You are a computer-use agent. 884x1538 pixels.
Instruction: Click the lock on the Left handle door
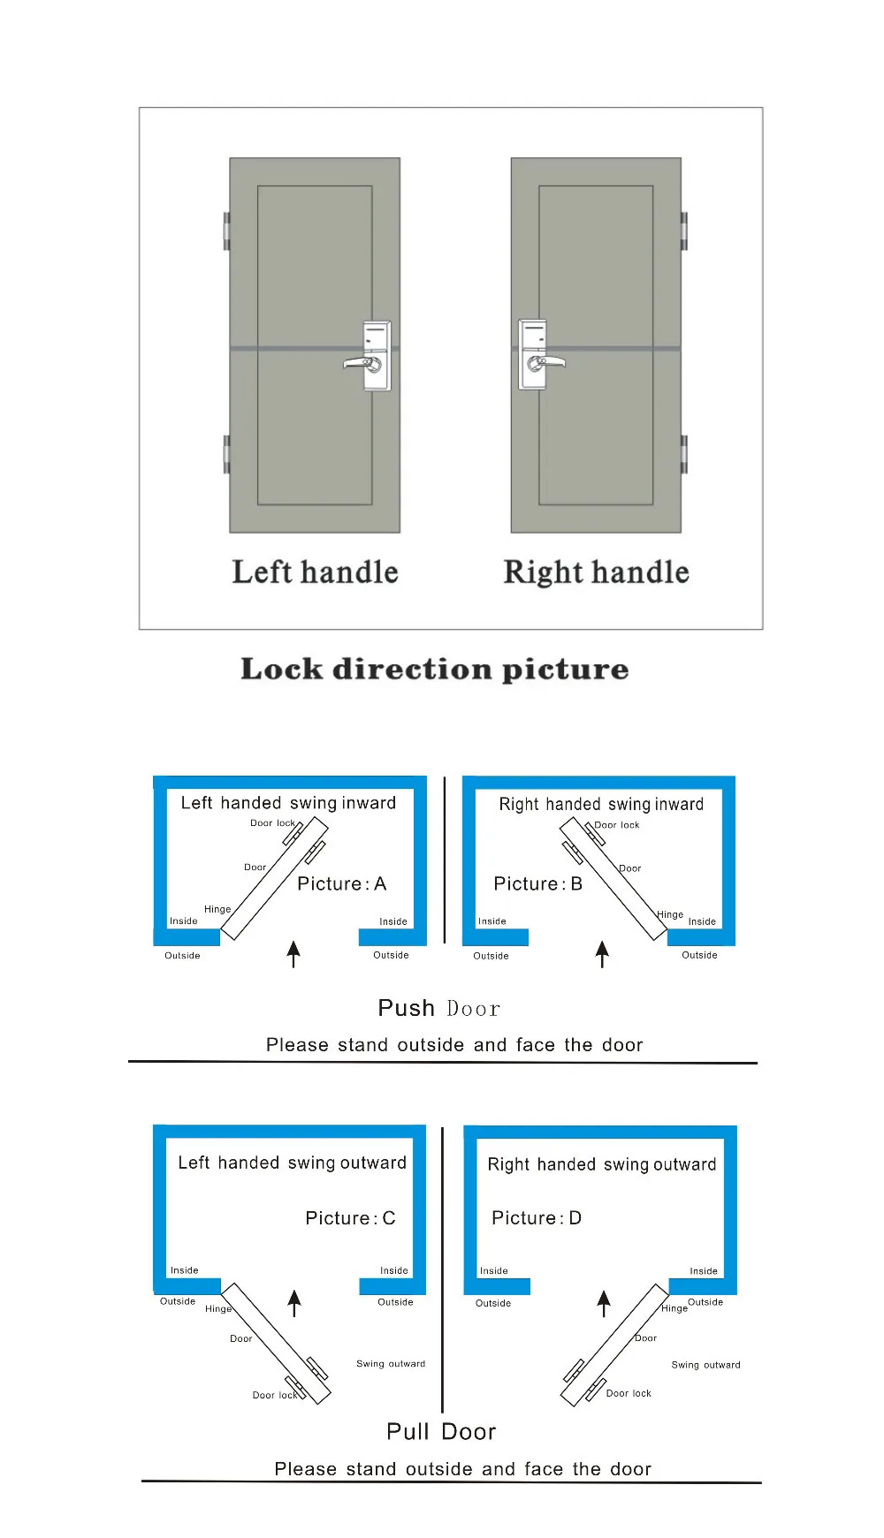pos(376,356)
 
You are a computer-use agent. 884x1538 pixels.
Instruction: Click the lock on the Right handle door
pos(534,355)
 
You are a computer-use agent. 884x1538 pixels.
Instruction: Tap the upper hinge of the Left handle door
pos(226,231)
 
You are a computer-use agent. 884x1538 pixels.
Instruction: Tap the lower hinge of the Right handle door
pos(683,454)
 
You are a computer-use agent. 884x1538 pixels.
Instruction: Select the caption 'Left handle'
pos(315,572)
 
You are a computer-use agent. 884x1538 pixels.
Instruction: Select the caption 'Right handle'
pos(596,572)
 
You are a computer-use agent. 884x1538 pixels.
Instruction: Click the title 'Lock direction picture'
pos(434,669)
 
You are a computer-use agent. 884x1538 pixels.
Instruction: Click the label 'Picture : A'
pos(341,883)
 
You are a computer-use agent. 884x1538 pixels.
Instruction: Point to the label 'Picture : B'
pos(537,883)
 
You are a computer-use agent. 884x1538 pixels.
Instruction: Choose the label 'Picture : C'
pos(350,1218)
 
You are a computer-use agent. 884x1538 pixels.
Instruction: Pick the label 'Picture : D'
pos(537,1218)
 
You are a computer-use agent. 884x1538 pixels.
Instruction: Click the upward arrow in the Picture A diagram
pos(293,953)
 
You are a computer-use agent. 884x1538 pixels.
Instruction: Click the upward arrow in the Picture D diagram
pos(604,1303)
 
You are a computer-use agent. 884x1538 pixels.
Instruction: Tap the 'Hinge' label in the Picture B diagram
pos(670,914)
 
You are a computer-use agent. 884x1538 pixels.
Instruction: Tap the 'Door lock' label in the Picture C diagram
pos(274,1395)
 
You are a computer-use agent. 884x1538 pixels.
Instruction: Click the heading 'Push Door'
pos(438,1008)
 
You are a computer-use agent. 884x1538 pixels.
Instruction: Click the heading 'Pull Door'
pos(441,1431)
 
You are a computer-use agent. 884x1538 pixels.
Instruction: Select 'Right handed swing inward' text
pos(601,804)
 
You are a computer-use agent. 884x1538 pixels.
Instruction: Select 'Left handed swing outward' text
pos(292,1163)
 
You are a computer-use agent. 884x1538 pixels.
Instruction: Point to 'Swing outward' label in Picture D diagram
pos(705,1365)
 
